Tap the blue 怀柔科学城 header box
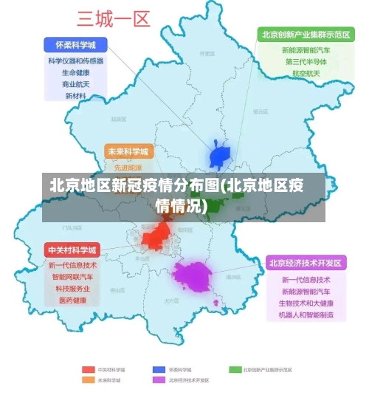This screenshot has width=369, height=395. [75, 44]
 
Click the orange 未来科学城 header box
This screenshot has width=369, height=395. [128, 151]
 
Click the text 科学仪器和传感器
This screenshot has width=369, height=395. [75, 61]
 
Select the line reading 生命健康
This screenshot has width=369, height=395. [75, 73]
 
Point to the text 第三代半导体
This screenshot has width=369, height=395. [306, 62]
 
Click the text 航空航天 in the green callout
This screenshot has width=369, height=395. [306, 74]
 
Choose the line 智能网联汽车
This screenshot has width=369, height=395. [72, 277]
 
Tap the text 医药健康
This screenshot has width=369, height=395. [72, 300]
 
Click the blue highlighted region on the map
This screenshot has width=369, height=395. [221, 155]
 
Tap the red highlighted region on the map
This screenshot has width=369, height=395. [156, 236]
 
